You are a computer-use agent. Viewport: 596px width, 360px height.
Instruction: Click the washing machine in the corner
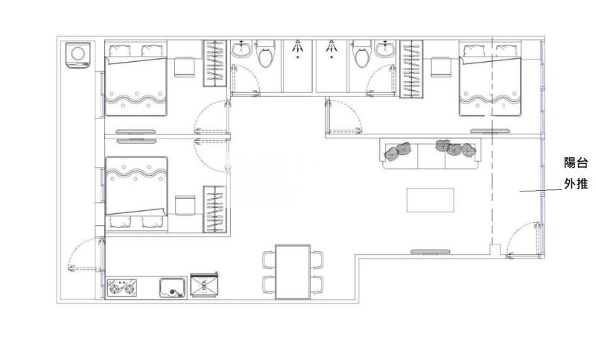click(x=78, y=55)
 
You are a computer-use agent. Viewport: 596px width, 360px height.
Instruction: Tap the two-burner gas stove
click(x=122, y=288)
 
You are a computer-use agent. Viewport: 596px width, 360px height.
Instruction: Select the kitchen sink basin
click(x=173, y=287)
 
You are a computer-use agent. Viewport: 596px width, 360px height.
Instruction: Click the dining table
click(x=293, y=272)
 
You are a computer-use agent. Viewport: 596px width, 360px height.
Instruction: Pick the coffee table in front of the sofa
click(x=431, y=200)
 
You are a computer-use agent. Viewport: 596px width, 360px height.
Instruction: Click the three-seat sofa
click(x=431, y=154)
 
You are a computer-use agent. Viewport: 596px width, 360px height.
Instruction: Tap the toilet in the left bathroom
click(x=266, y=53)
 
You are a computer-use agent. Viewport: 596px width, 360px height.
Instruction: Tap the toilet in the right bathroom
click(x=362, y=53)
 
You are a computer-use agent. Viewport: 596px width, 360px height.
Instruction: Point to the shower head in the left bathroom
click(x=297, y=46)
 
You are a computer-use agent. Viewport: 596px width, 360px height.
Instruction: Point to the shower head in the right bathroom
click(x=332, y=46)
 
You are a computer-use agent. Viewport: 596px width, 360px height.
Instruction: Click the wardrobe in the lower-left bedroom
click(x=215, y=209)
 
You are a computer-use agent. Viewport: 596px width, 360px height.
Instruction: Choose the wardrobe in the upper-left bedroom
click(x=215, y=63)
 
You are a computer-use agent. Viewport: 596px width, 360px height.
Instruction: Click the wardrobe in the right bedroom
click(x=412, y=69)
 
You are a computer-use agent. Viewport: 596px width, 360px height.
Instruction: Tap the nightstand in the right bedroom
click(x=441, y=67)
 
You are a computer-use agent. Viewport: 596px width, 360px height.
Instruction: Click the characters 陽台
click(x=575, y=163)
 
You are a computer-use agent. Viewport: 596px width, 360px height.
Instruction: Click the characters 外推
click(x=575, y=184)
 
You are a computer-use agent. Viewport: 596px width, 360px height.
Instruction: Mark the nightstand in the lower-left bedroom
click(x=185, y=206)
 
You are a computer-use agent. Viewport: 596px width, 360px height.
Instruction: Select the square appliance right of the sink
click(x=204, y=285)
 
